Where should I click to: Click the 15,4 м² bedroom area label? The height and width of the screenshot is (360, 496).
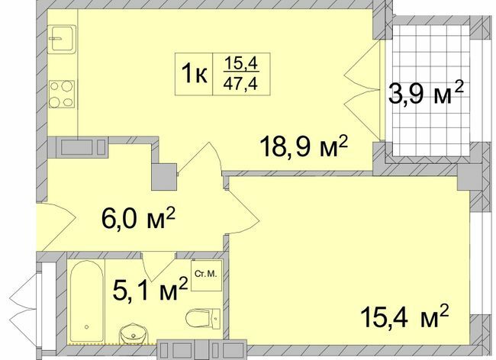[x=403, y=313]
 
